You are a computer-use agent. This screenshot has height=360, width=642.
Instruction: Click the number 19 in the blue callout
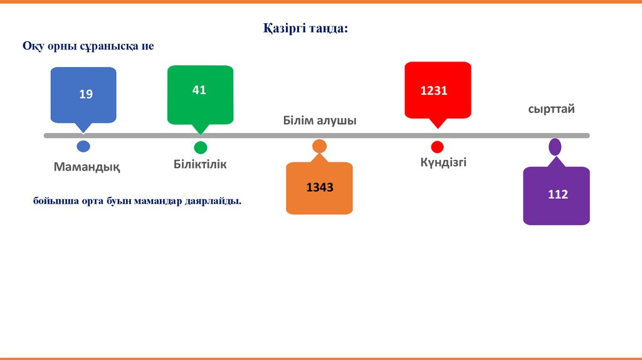86,95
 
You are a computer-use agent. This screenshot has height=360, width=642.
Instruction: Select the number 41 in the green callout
199,90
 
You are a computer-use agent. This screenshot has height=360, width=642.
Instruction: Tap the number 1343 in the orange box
319,188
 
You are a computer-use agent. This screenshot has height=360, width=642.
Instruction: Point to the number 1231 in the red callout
433,91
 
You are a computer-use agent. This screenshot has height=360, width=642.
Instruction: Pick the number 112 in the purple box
557,194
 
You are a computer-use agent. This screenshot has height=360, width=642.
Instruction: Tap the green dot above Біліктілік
200,148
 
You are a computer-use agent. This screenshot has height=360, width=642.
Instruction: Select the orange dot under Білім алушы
319,147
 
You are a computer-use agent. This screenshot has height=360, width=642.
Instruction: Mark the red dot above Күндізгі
437,147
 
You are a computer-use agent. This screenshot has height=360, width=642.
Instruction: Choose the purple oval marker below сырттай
555,147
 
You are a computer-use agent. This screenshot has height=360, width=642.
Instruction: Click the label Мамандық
87,167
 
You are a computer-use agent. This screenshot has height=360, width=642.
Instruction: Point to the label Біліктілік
200,165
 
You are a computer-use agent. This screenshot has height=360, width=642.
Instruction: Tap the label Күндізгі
443,162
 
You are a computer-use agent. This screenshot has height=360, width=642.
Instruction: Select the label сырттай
551,109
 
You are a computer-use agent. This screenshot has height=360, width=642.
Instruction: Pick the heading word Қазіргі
284,29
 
